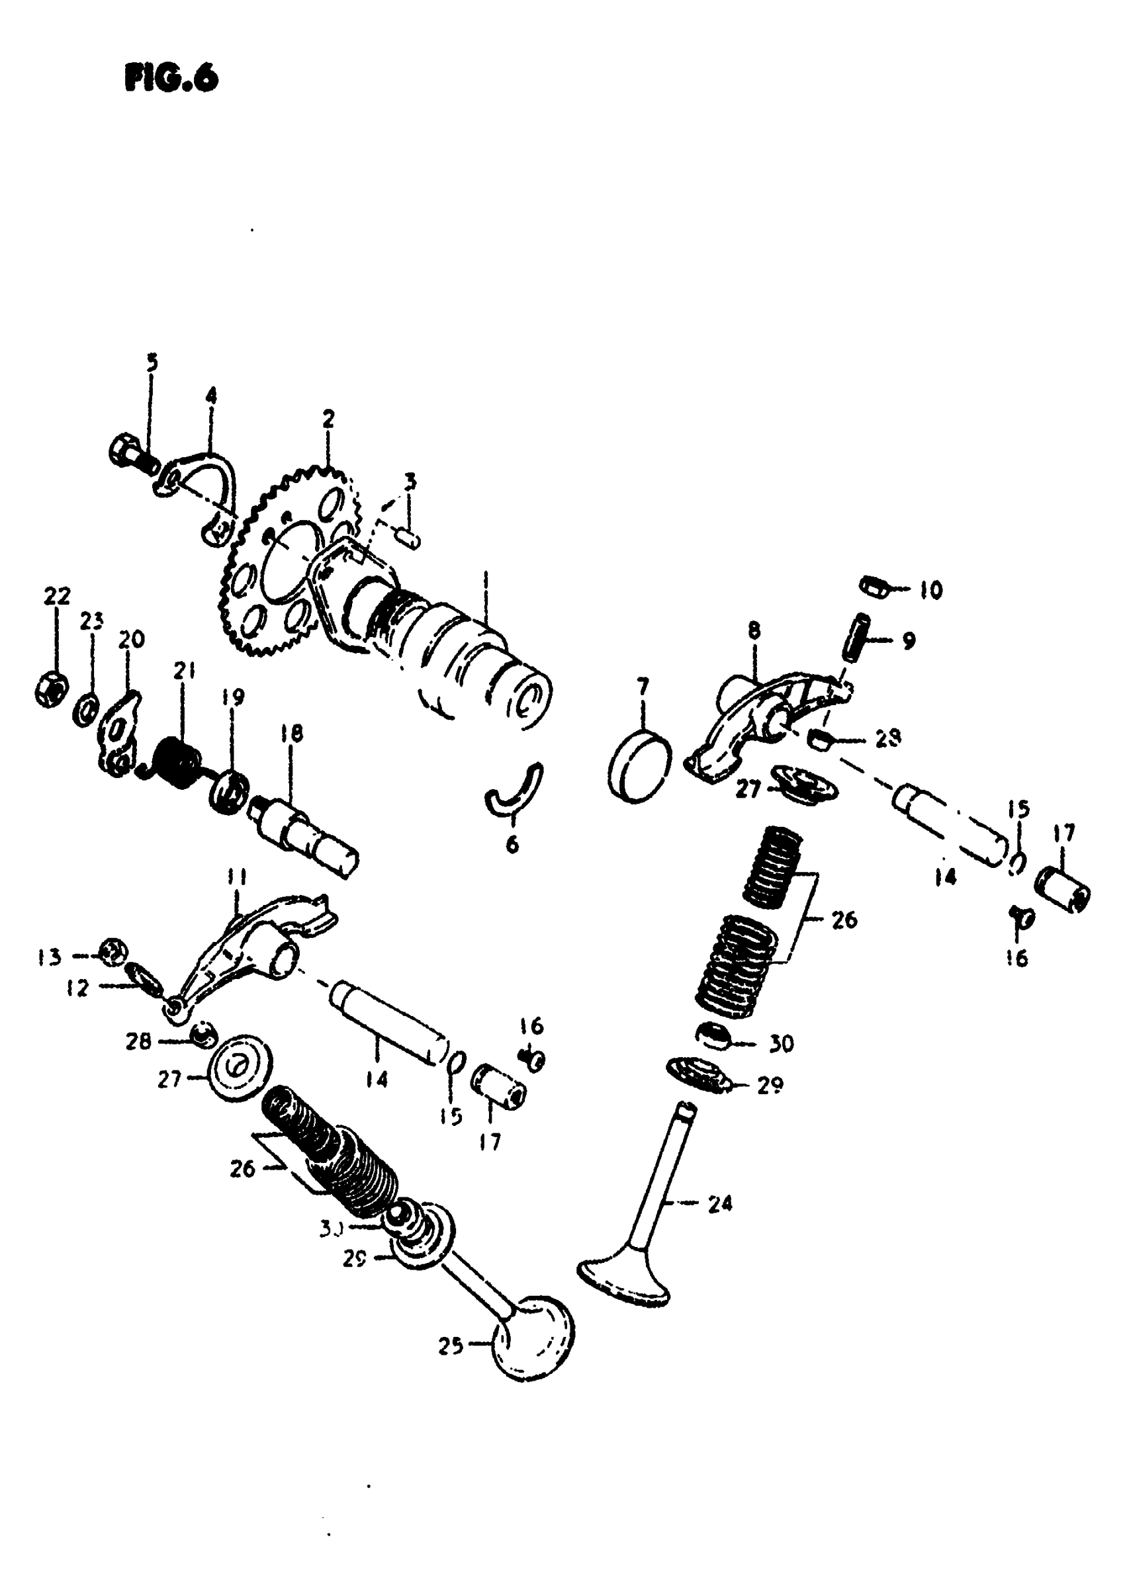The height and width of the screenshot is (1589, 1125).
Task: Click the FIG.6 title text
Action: tap(171, 78)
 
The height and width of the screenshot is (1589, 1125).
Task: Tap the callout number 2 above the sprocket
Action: tap(328, 419)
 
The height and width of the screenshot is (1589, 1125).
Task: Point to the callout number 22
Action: tap(58, 595)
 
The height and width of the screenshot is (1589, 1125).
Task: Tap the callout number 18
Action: tap(292, 733)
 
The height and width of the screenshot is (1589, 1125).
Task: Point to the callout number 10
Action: tap(931, 590)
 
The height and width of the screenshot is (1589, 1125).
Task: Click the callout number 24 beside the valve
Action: tap(720, 1204)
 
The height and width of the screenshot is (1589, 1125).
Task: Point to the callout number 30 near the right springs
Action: tap(782, 1043)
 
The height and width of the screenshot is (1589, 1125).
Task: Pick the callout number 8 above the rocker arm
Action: tap(754, 630)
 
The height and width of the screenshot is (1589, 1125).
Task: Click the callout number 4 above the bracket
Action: tap(210, 396)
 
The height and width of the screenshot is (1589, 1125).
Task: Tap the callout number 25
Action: tap(450, 1346)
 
